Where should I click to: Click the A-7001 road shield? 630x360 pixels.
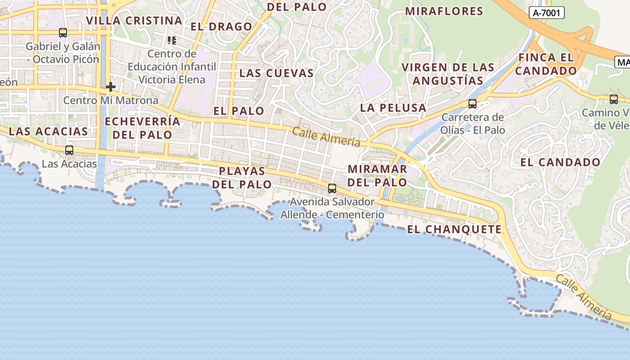[x=546, y=13]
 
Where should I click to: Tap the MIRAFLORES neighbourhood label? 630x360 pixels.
[x=444, y=11]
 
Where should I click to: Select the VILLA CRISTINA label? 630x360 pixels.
[x=134, y=21]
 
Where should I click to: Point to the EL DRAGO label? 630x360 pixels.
[x=221, y=27]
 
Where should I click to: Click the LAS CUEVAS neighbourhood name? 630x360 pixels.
[x=276, y=73]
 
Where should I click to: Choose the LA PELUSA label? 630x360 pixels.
[x=393, y=108]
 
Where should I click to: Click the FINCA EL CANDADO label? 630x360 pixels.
[x=546, y=64]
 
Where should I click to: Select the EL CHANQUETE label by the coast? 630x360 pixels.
[x=454, y=229]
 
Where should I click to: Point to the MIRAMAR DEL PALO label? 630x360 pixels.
[x=378, y=175]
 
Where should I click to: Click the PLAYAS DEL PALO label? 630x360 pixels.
[x=242, y=178]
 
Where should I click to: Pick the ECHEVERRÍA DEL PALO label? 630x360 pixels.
[x=142, y=128]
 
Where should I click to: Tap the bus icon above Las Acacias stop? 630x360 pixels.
[x=69, y=150]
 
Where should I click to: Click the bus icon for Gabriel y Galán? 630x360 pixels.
[x=63, y=33]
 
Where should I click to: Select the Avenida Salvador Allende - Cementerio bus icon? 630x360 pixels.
[x=332, y=189]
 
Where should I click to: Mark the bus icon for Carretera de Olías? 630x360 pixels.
[x=472, y=104]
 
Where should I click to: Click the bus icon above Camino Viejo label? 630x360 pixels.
[x=614, y=99]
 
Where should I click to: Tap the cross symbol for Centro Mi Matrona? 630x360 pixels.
[x=111, y=87]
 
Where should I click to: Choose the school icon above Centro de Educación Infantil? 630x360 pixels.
[x=171, y=41]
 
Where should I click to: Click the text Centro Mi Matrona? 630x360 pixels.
[x=111, y=100]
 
